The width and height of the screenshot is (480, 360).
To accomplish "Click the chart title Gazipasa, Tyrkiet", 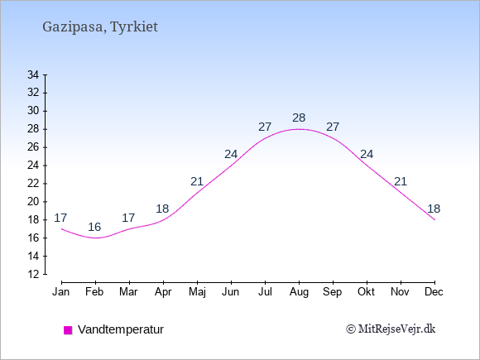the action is (100, 27).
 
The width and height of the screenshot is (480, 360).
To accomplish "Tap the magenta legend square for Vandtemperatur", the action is (68, 330).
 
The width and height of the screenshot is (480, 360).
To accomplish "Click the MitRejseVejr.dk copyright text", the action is (391, 329).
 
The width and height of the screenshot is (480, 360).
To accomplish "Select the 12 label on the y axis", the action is (33, 274).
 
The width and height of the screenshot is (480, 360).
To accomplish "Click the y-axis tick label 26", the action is (33, 147).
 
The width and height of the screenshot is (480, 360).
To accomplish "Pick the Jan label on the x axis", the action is (61, 292).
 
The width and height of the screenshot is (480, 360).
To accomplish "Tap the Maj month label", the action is (197, 292).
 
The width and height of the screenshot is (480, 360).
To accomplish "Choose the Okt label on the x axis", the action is (366, 292).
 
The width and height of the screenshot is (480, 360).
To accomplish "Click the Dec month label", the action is (434, 292).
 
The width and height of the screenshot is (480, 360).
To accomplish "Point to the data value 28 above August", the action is (299, 118).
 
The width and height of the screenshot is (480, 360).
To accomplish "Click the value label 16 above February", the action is (94, 227).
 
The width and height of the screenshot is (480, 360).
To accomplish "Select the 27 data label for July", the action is (265, 127).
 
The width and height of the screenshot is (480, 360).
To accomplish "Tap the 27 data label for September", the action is (333, 127).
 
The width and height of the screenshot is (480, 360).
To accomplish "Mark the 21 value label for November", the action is (401, 181).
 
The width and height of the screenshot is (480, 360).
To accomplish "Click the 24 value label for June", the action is (231, 154).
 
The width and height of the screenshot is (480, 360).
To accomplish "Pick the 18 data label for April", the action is (162, 209).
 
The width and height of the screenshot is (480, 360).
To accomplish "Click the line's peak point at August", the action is (299, 129).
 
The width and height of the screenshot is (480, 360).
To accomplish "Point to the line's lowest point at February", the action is (95, 238).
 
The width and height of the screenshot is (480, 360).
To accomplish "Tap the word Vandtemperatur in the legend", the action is (121, 329).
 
